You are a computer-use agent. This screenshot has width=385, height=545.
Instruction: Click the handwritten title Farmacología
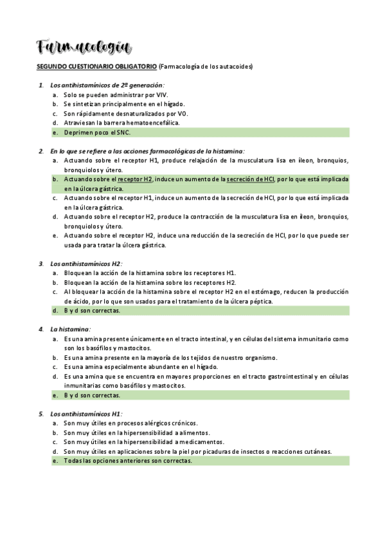[x=84, y=47]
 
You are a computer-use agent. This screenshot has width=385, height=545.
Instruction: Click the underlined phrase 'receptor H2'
[x=135, y=179]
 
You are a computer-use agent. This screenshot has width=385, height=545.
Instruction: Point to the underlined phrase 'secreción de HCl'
[x=250, y=179]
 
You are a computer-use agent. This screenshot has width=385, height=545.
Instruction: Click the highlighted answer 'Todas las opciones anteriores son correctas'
[x=127, y=461]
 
